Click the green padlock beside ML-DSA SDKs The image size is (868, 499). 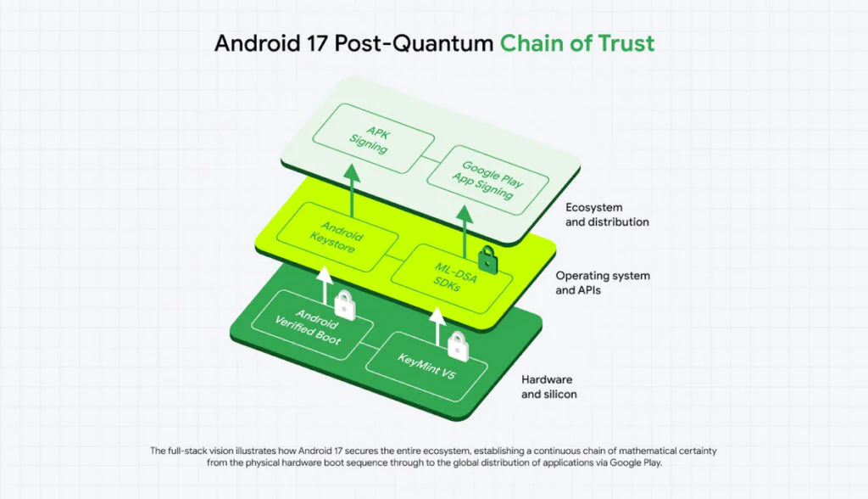point(487,259)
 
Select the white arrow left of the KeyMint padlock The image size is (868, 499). point(437,329)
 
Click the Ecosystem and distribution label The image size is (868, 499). point(607,215)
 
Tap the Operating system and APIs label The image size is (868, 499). point(603,283)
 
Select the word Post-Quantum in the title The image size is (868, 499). point(406,43)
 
